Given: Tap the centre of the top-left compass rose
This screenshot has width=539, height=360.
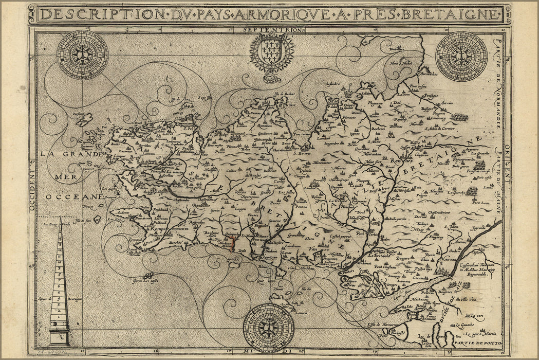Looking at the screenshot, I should pos(82,55).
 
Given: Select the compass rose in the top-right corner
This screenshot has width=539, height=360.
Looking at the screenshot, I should pos(461,56).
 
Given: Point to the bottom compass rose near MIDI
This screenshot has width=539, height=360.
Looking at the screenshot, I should pos(268,328).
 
